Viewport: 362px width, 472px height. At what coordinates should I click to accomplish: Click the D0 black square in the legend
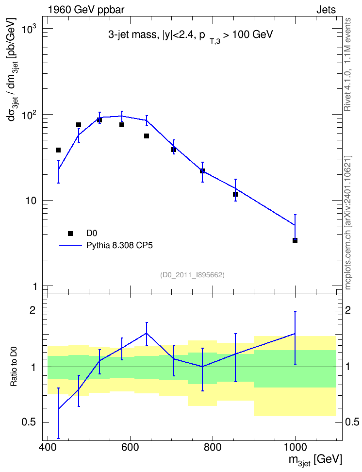click(x=70, y=233)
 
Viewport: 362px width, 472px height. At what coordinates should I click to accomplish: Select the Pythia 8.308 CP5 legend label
click(x=119, y=245)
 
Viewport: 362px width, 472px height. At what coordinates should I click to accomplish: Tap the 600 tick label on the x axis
click(x=131, y=447)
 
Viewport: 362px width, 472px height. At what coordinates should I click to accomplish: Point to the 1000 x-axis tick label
click(x=295, y=447)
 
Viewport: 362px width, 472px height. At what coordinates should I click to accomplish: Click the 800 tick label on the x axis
click(x=213, y=447)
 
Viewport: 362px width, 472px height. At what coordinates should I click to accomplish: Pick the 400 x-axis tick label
click(x=48, y=447)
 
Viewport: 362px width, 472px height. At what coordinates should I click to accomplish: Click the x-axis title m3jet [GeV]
click(x=315, y=460)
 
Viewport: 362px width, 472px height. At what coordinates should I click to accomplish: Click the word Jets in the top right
click(x=326, y=10)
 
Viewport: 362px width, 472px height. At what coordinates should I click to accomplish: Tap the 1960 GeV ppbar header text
click(x=86, y=10)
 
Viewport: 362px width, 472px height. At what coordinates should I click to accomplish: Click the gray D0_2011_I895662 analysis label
click(x=192, y=275)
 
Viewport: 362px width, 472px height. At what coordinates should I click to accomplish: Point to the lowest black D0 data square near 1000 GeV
click(x=295, y=240)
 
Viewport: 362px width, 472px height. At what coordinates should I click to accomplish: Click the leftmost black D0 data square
click(x=58, y=150)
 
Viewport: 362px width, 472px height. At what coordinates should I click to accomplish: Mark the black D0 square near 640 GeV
click(x=146, y=136)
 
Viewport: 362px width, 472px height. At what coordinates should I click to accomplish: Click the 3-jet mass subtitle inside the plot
click(x=191, y=36)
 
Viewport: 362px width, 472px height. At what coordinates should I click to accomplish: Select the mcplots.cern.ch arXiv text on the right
click(x=348, y=222)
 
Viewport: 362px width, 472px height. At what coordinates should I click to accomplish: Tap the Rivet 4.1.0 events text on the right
click(x=347, y=65)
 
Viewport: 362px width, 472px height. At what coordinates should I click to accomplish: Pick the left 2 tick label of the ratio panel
click(x=33, y=310)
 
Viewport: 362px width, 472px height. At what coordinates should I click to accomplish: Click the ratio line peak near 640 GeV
click(x=146, y=333)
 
